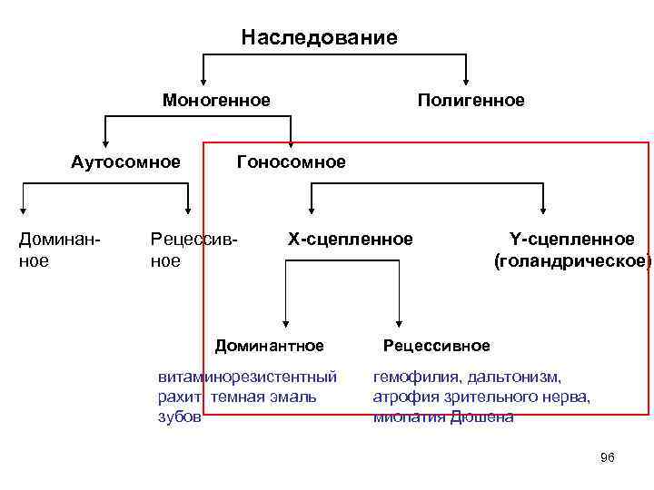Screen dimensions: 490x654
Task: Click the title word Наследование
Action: (319, 37)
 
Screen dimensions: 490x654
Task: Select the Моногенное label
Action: (216, 100)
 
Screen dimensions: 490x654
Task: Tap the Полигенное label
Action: (471, 100)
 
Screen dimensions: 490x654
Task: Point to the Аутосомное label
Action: (125, 162)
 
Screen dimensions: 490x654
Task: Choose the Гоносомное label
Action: (291, 162)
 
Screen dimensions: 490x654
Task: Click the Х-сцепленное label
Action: (350, 240)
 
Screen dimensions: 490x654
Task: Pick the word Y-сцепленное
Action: (572, 240)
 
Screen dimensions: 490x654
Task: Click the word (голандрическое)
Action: (572, 261)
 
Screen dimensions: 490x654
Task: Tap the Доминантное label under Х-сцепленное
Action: (269, 346)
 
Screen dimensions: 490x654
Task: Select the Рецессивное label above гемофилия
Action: (436, 346)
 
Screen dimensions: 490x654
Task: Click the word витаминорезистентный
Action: (247, 376)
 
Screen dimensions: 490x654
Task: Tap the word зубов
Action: (180, 417)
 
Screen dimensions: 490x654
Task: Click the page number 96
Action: (608, 457)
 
